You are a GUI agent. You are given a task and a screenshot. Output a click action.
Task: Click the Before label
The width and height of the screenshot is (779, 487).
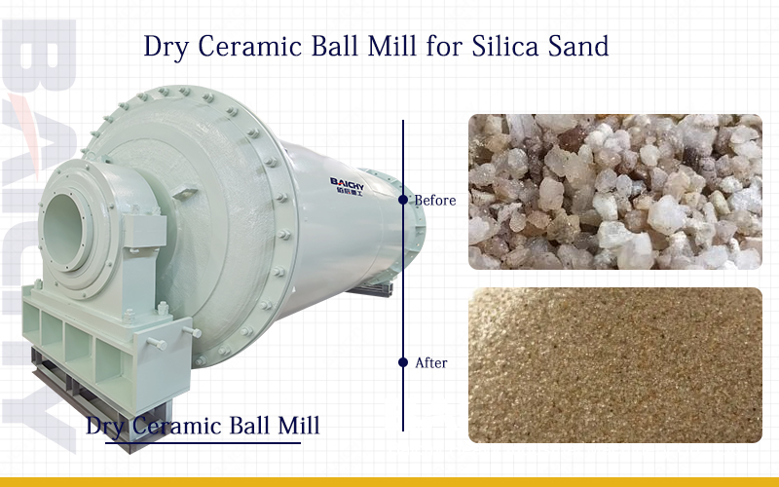pos(435,201)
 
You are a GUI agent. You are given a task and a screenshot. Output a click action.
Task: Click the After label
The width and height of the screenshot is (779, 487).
pos(431,362)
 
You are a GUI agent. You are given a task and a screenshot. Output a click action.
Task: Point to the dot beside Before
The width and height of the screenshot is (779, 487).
pos(403,200)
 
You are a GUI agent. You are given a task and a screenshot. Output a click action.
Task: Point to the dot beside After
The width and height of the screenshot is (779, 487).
pos(403,362)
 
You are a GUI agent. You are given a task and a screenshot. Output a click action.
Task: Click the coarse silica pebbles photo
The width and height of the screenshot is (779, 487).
pos(614,192)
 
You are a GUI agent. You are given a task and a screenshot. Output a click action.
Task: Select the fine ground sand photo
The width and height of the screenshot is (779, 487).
pos(614,364)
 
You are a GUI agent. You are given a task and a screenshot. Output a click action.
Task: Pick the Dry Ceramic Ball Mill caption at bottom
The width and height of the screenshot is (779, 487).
pos(203,427)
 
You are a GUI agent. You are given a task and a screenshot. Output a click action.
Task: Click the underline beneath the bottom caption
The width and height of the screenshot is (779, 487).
pos(203,442)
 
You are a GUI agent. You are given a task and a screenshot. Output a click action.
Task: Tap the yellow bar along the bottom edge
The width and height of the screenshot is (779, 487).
pos(389,481)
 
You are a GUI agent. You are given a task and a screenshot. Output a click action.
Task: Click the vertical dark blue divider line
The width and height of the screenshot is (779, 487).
pos(403,282)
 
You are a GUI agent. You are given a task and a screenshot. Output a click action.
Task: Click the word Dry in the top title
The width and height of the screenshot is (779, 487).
pos(165,46)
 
